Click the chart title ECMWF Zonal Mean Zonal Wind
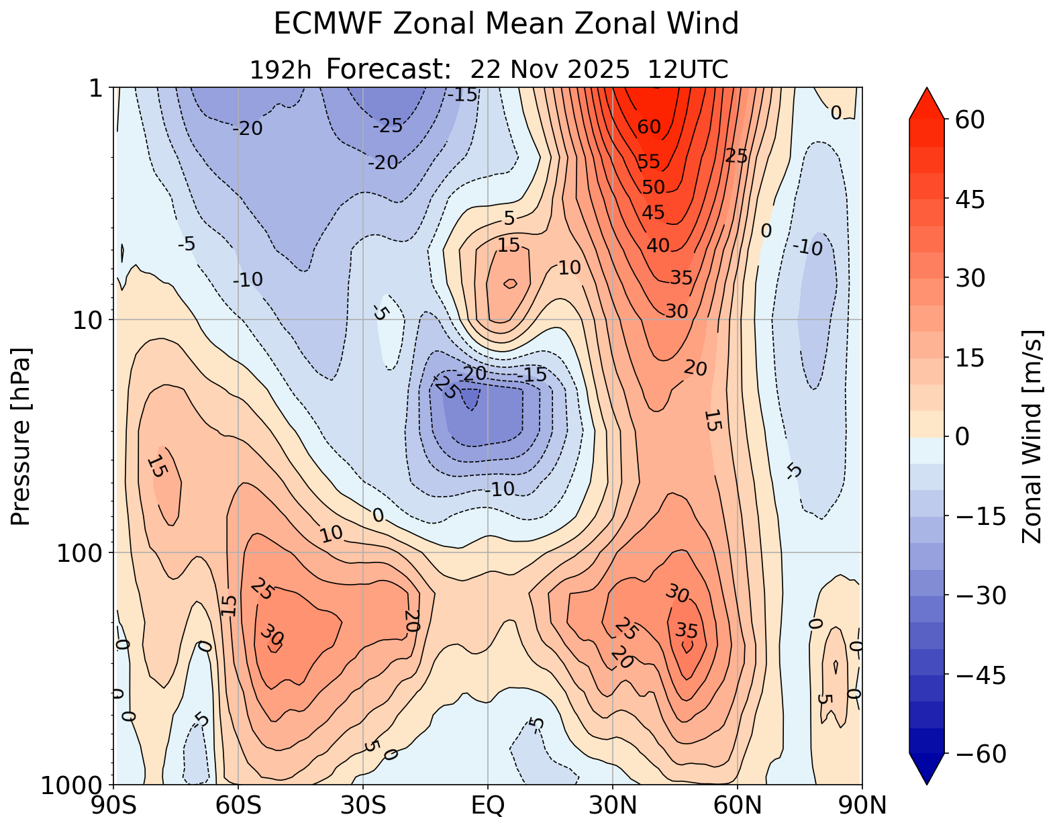506,25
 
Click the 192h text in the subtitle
280,70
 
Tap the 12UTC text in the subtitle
688,70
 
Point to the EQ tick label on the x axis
488,806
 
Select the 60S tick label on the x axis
238,806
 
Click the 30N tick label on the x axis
613,806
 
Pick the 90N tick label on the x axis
862,806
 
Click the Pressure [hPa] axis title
21,436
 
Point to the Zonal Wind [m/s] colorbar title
1032,436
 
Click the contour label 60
649,127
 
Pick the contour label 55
649,162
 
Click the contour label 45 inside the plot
653,213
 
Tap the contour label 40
658,246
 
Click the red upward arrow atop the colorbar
927,103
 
